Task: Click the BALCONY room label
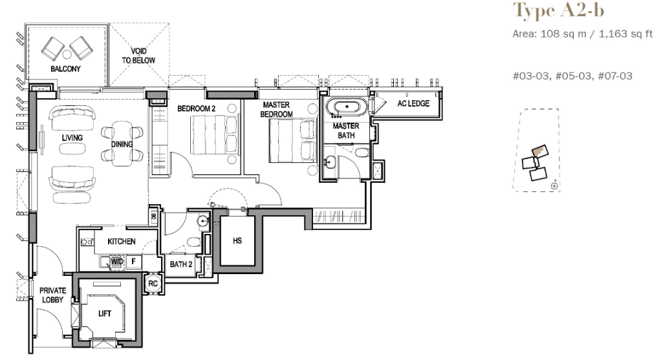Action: tap(65, 69)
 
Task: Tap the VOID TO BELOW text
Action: tap(138, 56)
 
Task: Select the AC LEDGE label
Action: tap(413, 103)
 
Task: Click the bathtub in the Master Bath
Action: tap(347, 107)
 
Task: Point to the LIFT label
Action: tap(105, 313)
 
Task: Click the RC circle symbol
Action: tap(153, 283)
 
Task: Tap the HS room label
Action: tap(237, 241)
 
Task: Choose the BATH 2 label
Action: tap(181, 264)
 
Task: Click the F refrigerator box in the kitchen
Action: tap(134, 262)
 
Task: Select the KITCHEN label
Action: tap(122, 241)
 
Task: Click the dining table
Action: tap(122, 143)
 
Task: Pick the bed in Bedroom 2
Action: tap(213, 135)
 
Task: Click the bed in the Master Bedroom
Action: tap(292, 141)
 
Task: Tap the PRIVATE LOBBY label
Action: tap(52, 295)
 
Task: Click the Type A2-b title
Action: tap(558, 10)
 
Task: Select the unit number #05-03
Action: tap(573, 76)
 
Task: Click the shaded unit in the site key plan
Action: tap(540, 151)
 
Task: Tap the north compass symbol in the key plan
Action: tap(554, 185)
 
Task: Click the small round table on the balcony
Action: tap(67, 54)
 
